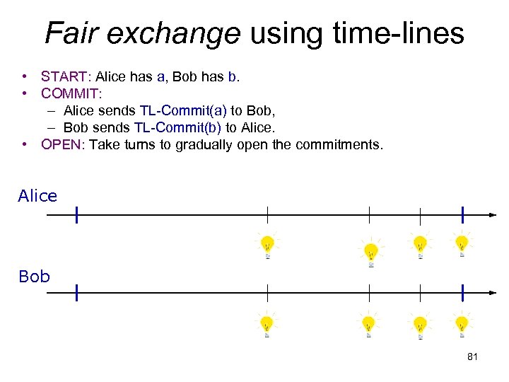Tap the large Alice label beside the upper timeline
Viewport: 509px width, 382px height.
[37, 196]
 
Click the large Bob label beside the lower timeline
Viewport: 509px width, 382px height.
[34, 277]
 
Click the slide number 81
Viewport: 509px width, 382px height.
[473, 357]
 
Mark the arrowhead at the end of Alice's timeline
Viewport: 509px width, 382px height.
[492, 214]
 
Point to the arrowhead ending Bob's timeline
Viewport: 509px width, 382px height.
[492, 292]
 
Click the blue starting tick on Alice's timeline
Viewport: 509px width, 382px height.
[76, 214]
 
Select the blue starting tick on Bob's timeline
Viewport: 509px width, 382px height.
[76, 292]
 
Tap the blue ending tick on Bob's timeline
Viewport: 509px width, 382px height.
[462, 292]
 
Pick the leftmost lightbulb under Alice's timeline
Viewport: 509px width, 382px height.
[267, 245]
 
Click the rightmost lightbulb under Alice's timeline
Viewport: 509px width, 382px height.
[462, 245]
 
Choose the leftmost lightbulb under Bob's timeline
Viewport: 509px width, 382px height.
[267, 325]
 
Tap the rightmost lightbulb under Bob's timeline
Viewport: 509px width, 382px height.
[462, 325]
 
